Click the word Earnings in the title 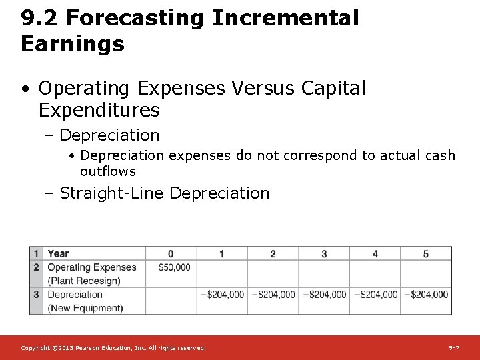(x=73, y=44)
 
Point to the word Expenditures (x=99, y=109)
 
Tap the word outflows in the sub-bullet (x=107, y=171)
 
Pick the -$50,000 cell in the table (x=171, y=267)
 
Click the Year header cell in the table (x=59, y=253)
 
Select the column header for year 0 (x=171, y=253)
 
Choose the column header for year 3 (x=324, y=253)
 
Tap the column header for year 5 (x=426, y=253)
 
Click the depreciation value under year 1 (x=223, y=295)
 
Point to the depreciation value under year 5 (x=427, y=295)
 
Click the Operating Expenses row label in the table (x=92, y=267)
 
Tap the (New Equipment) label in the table (x=85, y=308)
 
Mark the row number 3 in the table (x=37, y=295)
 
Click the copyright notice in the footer (x=113, y=348)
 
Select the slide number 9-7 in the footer (x=453, y=348)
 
